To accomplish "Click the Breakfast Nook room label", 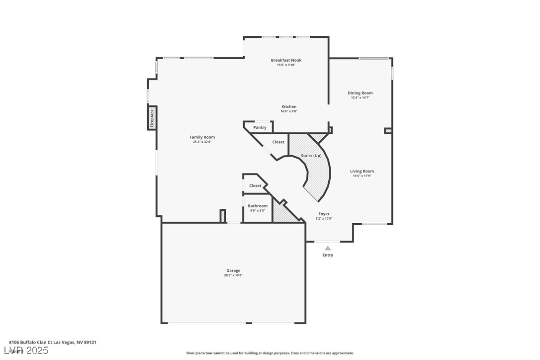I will pos(286,60).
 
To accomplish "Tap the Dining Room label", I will pos(360,93).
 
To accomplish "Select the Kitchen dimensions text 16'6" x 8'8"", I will pos(289,111).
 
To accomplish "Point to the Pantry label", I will pos(260,127).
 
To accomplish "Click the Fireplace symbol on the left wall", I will pos(152,118).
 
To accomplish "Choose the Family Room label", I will pos(202,137).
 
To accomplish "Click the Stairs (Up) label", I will pos(311,156).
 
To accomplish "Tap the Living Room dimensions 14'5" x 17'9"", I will pos(362,176).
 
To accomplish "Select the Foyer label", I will pos(324,214).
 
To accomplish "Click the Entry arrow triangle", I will pos(328,248).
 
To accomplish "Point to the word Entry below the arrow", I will pos(328,255).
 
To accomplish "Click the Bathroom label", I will pos(258,206).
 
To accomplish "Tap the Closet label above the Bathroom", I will pos(255,185).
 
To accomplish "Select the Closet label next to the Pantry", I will pos(278,142).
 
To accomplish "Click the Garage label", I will pos(233,270).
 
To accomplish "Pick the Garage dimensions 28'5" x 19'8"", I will pos(233,275).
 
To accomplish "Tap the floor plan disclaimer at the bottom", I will pos(270,353).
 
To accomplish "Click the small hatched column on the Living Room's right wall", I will pos(388,131).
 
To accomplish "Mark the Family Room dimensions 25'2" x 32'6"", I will pos(202,142).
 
